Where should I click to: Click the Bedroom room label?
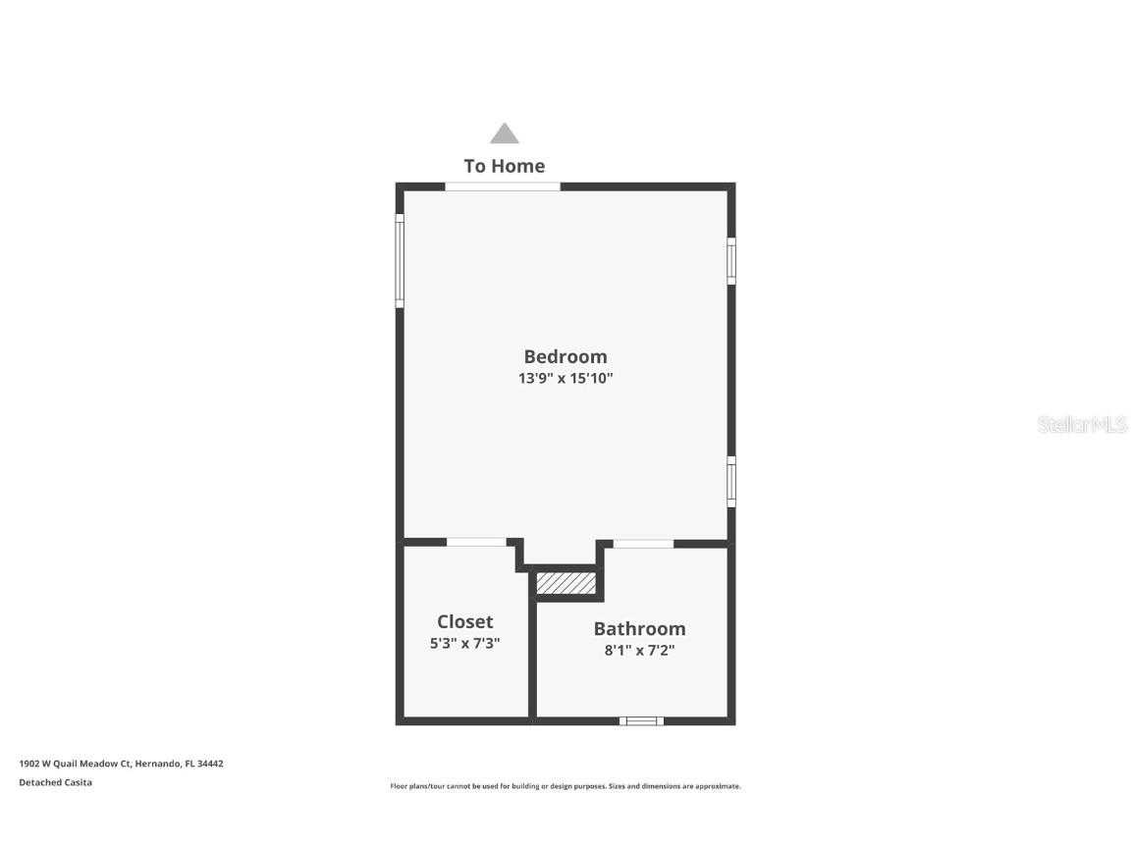pyautogui.click(x=565, y=356)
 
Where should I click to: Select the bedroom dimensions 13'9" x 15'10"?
pyautogui.click(x=565, y=378)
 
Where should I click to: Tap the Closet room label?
pyautogui.click(x=464, y=621)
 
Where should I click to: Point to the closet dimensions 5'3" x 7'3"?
pyautogui.click(x=464, y=644)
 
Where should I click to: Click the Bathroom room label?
pyautogui.click(x=639, y=628)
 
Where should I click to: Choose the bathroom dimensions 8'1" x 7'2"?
pyautogui.click(x=639, y=650)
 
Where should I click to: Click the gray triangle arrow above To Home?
pyautogui.click(x=504, y=134)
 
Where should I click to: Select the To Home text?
pyautogui.click(x=504, y=166)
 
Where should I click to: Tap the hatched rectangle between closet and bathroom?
pyautogui.click(x=566, y=583)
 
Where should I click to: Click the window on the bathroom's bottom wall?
pyautogui.click(x=641, y=720)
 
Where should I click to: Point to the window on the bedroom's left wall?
pyautogui.click(x=400, y=261)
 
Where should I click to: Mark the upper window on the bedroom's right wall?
pyautogui.click(x=730, y=260)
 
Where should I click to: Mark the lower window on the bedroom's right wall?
pyautogui.click(x=730, y=481)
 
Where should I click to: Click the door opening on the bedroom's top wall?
pyautogui.click(x=502, y=186)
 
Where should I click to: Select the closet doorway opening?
pyautogui.click(x=476, y=542)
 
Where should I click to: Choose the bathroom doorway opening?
pyautogui.click(x=643, y=543)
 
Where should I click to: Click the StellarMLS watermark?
pyautogui.click(x=1082, y=425)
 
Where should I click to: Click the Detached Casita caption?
pyautogui.click(x=55, y=782)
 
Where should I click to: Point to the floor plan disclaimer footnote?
pyautogui.click(x=565, y=786)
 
